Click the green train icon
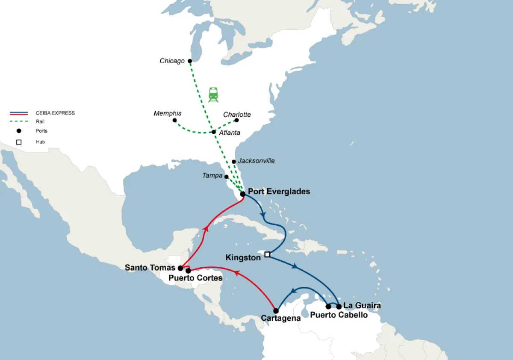pyautogui.click(x=213, y=94)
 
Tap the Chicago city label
pyautogui.click(x=172, y=61)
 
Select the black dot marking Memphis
pyautogui.click(x=174, y=121)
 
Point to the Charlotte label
pyautogui.click(x=237, y=115)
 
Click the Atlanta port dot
pyautogui.click(x=214, y=132)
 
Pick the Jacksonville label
pyautogui.click(x=256, y=161)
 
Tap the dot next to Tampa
pyautogui.click(x=227, y=177)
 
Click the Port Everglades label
pyautogui.click(x=279, y=192)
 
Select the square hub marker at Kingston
pyautogui.click(x=267, y=254)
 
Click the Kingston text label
pyautogui.click(x=243, y=258)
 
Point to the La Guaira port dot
pyautogui.click(x=339, y=307)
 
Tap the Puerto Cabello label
pyautogui.click(x=339, y=315)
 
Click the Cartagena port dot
pyautogui.click(x=276, y=311)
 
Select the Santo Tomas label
pyautogui.click(x=150, y=268)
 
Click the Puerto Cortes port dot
pyautogui.click(x=188, y=271)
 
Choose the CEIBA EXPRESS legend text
pyautogui.click(x=55, y=113)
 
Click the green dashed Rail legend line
pyautogui.click(x=19, y=121)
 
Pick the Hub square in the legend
pyautogui.click(x=19, y=142)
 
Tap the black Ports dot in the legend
pyautogui.click(x=19, y=131)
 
